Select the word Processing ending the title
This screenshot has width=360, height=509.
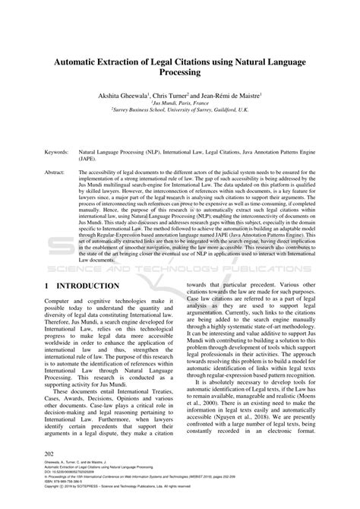tap(179, 73)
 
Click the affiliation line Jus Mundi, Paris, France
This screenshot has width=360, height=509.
tap(179, 105)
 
